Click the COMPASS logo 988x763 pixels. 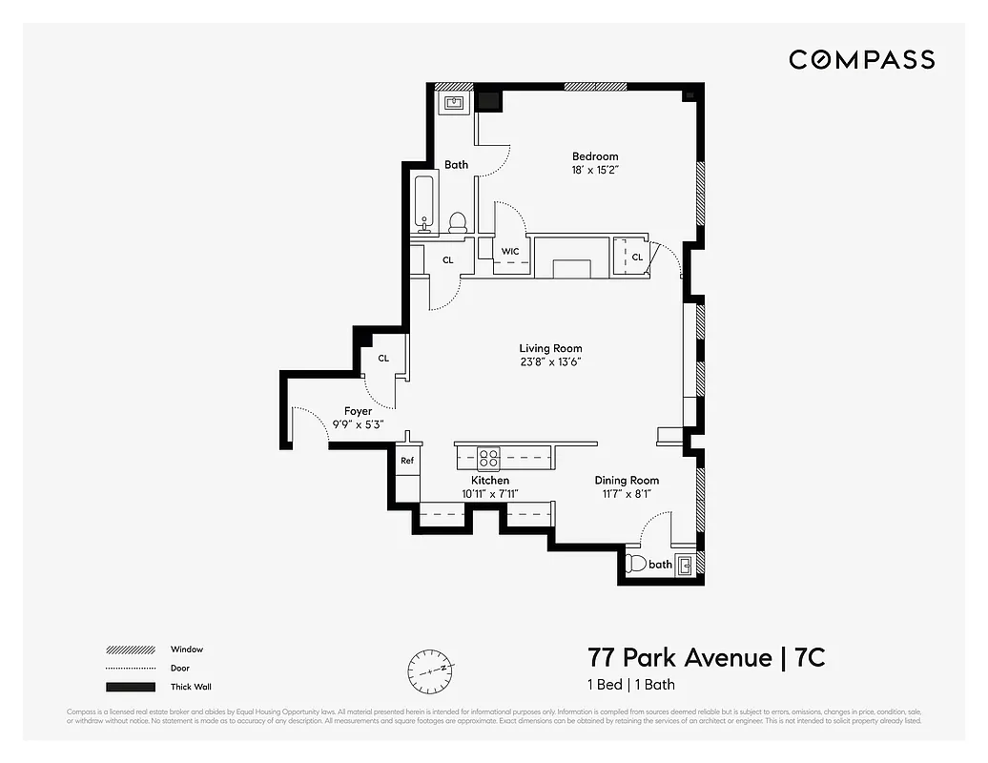(x=861, y=60)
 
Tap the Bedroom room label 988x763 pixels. (x=595, y=156)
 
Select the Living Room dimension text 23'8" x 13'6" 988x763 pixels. (x=550, y=362)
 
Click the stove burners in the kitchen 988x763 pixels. (x=489, y=457)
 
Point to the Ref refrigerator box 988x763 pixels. (x=407, y=461)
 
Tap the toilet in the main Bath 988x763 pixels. (x=458, y=222)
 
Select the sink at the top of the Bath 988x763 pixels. (x=453, y=102)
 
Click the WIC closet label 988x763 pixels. (x=510, y=252)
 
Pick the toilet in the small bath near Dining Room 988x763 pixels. (x=635, y=564)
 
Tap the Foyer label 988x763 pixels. (x=359, y=411)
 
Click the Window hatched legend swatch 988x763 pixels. (x=131, y=650)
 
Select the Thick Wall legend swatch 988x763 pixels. (x=131, y=687)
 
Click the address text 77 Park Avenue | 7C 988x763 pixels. (x=706, y=658)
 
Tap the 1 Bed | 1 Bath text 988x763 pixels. (x=630, y=685)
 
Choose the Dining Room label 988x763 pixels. (x=627, y=481)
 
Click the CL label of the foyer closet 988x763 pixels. (x=383, y=359)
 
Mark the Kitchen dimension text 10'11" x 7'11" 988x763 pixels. (x=490, y=494)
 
